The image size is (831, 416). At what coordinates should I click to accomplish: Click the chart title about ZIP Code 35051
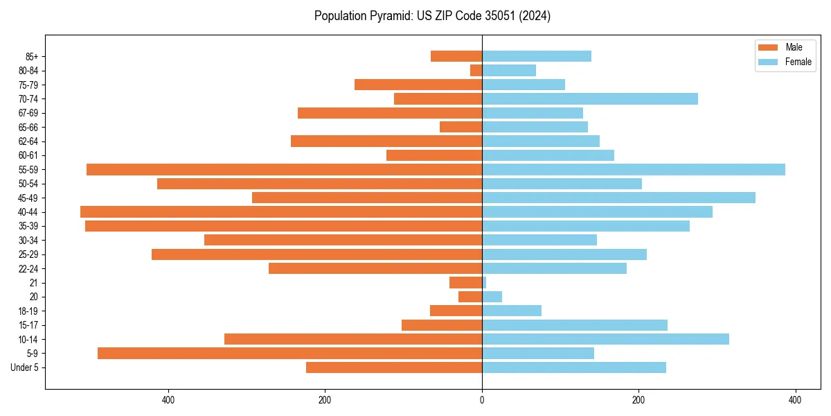(432, 16)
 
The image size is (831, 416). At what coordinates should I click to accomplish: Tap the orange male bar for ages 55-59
(284, 169)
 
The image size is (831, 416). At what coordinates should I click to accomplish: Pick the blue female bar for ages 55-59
(634, 169)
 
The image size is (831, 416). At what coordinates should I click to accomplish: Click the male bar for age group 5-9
(289, 353)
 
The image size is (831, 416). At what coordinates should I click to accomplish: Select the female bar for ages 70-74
(590, 98)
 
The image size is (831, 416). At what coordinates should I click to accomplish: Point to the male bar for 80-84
(476, 71)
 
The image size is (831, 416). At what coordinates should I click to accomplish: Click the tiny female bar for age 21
(484, 282)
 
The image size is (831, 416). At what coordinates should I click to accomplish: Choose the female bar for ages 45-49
(618, 198)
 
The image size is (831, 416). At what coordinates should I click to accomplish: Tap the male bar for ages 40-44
(281, 211)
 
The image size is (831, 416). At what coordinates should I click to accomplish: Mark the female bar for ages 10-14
(605, 339)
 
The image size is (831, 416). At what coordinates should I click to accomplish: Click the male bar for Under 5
(394, 367)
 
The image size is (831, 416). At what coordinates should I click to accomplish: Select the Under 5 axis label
(24, 367)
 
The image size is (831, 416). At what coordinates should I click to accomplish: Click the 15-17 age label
(28, 325)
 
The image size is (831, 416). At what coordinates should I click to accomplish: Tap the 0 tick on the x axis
(482, 400)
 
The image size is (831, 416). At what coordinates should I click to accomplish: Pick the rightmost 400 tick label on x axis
(795, 400)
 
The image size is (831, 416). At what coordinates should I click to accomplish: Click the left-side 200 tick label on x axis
(324, 400)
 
